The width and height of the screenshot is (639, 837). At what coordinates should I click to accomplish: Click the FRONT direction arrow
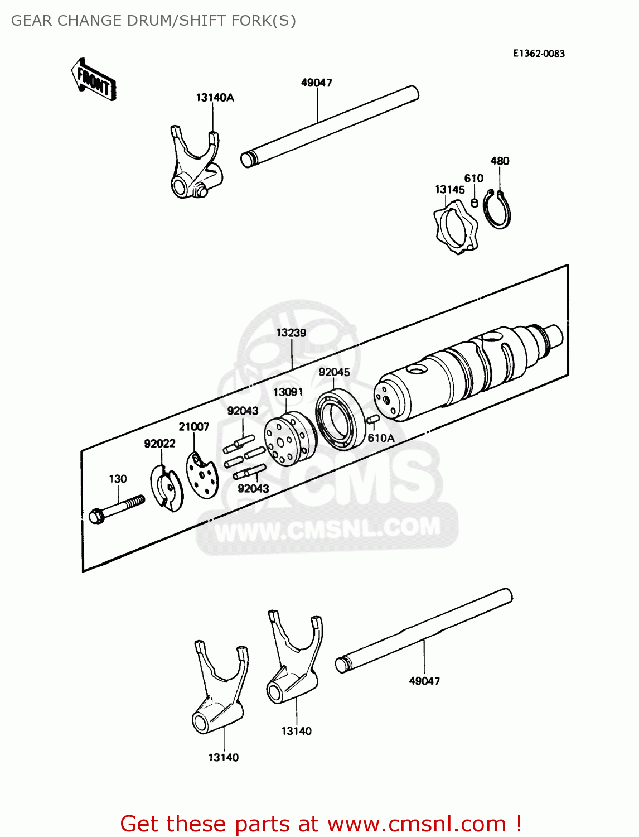point(94,80)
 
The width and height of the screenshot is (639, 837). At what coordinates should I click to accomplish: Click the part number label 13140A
point(215,98)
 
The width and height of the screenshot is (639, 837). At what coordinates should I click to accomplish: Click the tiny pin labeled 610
point(475,203)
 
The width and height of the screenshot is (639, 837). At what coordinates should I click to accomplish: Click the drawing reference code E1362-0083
point(539,54)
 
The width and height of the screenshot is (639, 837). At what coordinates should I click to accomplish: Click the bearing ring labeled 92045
point(340,420)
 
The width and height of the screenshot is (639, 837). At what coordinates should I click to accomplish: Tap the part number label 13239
point(291,333)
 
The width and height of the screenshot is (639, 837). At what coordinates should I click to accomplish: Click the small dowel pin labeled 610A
point(372,420)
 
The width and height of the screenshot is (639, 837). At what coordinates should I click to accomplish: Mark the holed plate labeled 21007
point(202,475)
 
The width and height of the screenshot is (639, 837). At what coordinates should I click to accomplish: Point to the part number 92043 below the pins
point(253,489)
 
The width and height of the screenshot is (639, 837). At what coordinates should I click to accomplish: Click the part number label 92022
point(159,444)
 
